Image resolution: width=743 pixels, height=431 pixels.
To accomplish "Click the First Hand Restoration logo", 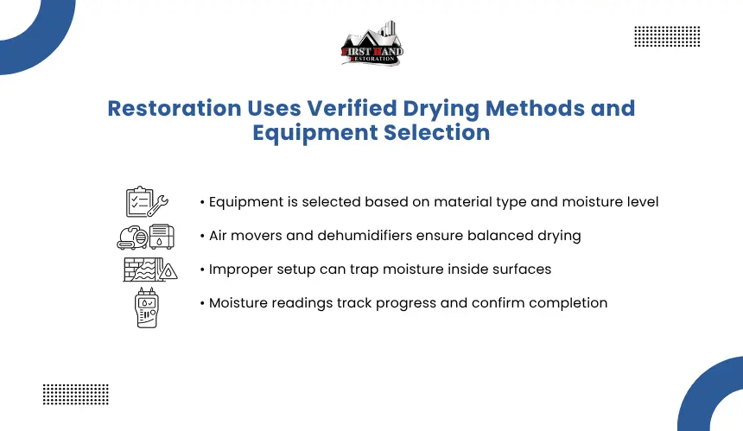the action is point(372,43).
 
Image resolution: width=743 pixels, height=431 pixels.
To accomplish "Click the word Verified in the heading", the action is point(352,108).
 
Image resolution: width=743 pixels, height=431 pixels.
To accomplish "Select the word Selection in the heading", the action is point(437,132).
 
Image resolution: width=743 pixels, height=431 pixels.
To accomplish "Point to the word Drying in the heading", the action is point(441,110).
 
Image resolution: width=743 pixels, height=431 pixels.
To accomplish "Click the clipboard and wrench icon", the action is point(147,202).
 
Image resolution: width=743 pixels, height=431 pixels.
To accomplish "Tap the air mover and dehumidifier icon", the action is point(146,237).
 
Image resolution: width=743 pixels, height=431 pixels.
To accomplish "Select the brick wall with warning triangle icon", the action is point(150,269).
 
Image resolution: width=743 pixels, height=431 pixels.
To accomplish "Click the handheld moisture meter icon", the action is point(146,307).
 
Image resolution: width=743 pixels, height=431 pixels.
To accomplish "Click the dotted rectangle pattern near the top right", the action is point(667,36).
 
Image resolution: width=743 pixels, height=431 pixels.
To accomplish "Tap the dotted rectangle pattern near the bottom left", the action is point(76,395).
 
